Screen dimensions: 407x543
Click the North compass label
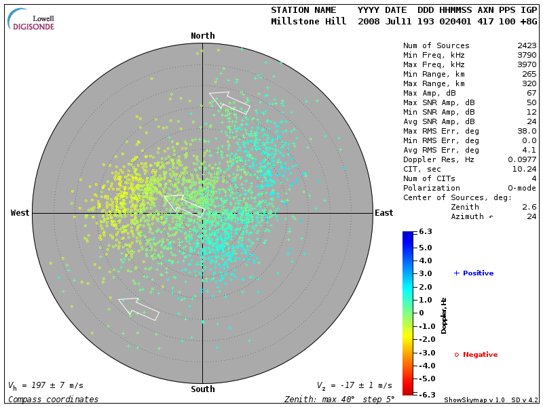202,36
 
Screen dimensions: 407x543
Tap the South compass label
202,389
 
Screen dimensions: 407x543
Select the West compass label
20,213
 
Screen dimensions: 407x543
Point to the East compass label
383,213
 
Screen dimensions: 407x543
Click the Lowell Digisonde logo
31,20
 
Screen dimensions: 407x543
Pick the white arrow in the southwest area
138,307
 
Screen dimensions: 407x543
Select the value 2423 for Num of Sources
527,46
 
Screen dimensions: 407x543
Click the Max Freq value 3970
527,65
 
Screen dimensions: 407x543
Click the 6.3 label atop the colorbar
426,232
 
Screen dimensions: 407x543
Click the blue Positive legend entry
474,273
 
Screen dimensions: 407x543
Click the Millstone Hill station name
303,21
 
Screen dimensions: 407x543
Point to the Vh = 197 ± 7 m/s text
45,385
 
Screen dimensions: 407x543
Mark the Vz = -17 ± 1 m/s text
354,385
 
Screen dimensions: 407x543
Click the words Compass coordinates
53,400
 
